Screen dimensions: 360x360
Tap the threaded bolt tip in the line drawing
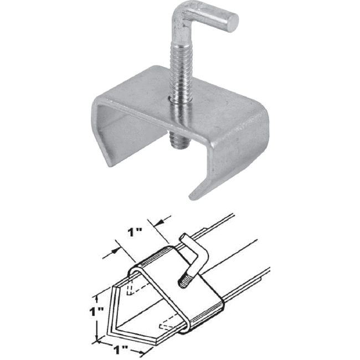point(183,282)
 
